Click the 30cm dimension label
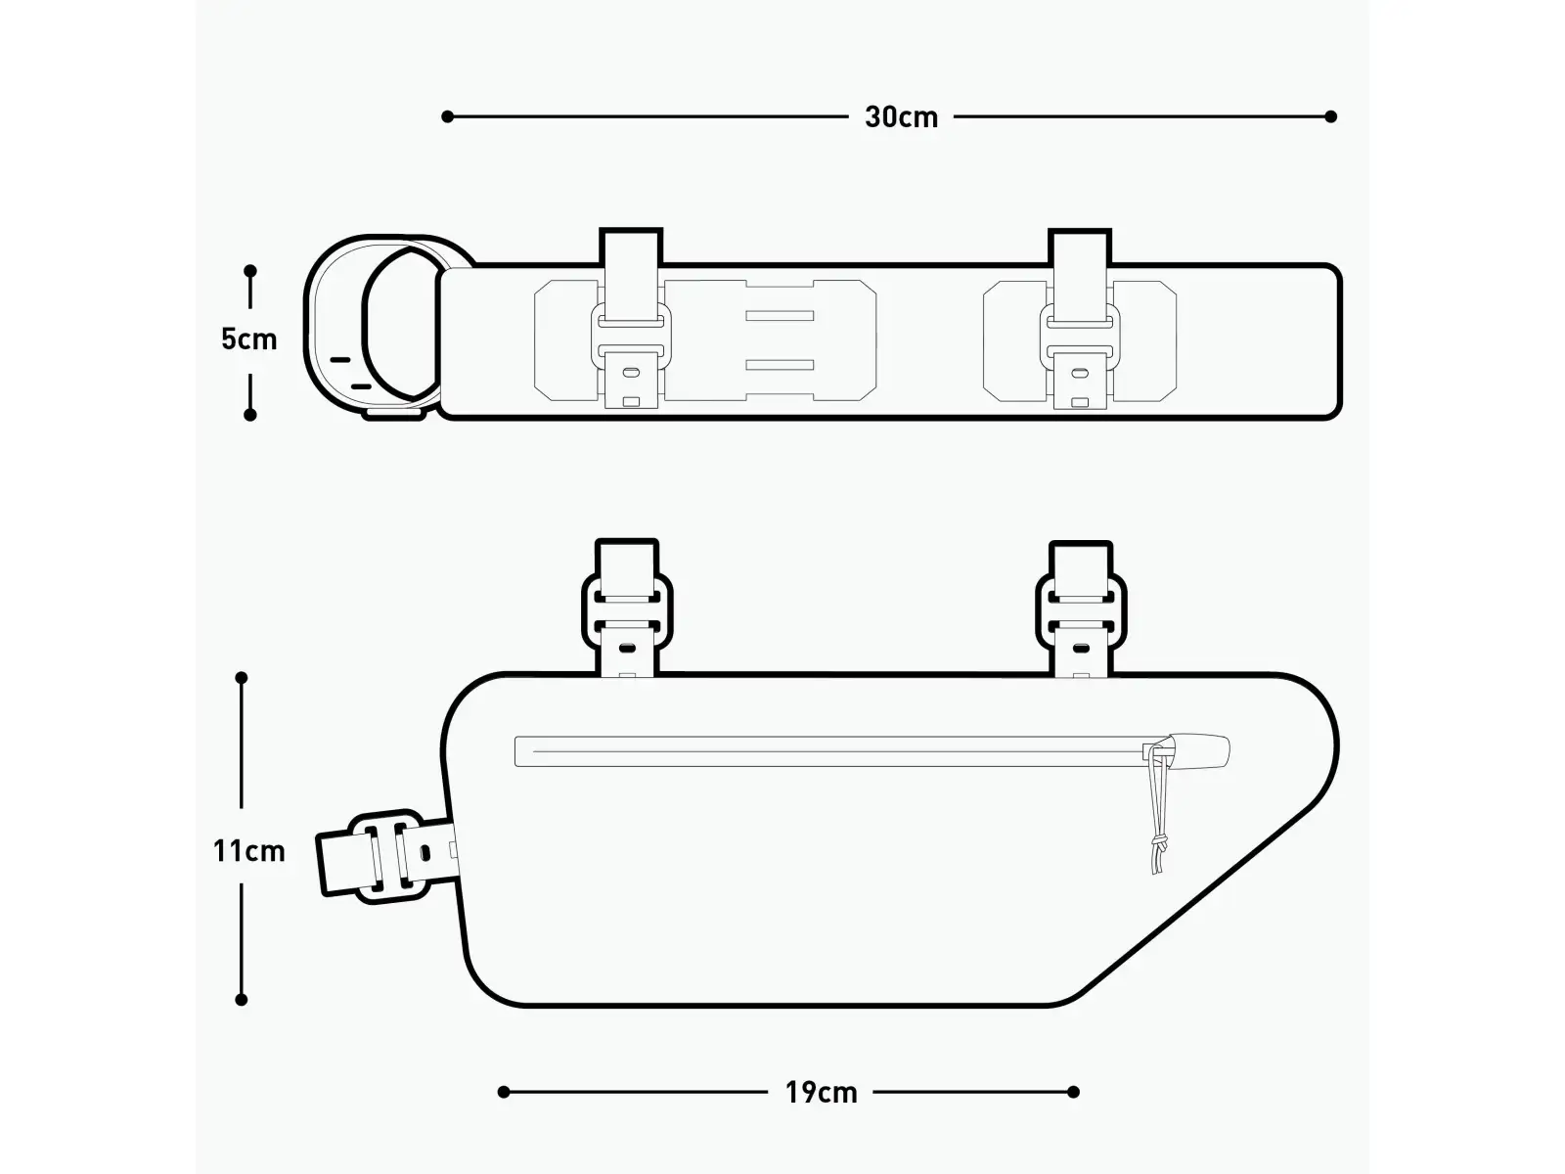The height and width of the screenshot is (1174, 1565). (901, 117)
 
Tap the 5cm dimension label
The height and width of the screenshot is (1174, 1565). (248, 339)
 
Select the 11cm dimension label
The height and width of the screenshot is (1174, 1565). (248, 851)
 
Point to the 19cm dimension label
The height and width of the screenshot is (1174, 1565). (821, 1093)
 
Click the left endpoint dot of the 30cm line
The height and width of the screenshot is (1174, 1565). (447, 116)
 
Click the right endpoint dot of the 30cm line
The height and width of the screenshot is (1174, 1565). (1330, 116)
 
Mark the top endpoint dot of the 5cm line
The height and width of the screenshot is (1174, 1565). (250, 271)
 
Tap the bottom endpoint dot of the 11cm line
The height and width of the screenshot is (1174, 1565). (241, 999)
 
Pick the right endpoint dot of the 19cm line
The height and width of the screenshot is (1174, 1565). (1074, 1091)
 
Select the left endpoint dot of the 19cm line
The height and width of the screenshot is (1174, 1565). (504, 1091)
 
